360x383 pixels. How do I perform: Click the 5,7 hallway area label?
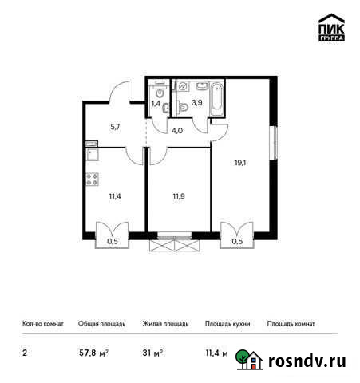point(115,127)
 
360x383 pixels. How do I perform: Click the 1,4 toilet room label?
point(156,103)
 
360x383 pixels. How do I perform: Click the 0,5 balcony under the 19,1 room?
point(237,239)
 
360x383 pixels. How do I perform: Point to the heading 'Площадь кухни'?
point(226,324)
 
